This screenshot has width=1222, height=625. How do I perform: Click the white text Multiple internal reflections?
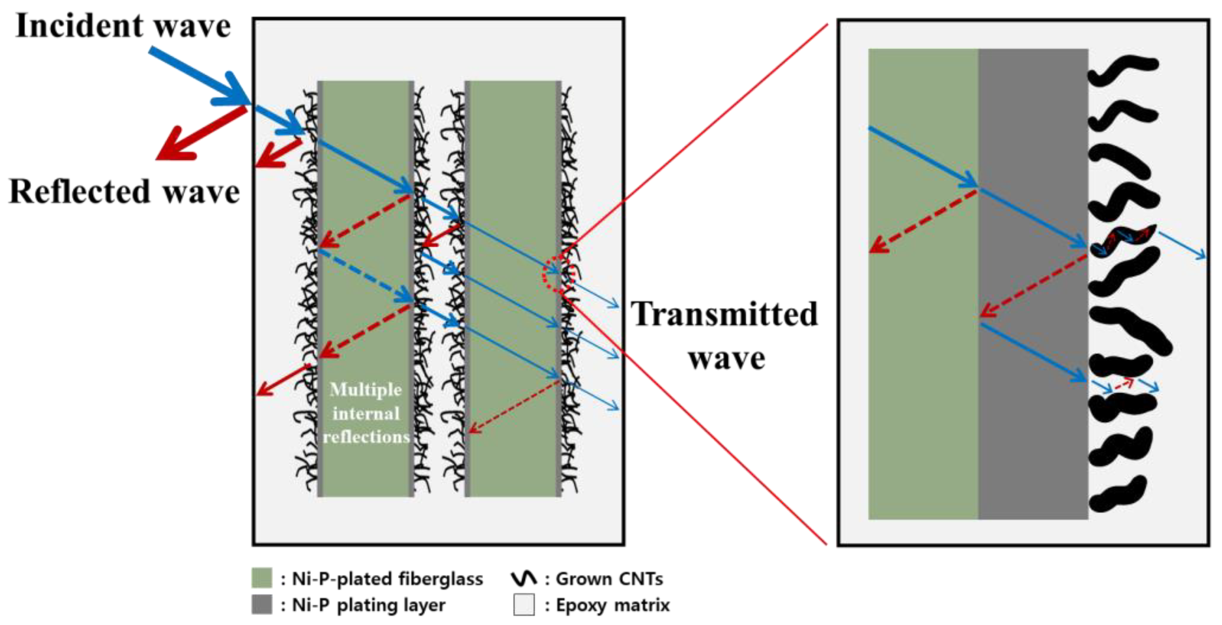pos(366,413)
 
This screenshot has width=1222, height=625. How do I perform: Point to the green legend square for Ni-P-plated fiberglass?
pos(261,578)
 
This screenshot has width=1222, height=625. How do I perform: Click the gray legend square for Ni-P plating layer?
pos(261,604)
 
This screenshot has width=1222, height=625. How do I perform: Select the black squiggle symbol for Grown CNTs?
pos(524,578)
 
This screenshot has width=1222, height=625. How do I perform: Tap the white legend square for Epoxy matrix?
pos(524,604)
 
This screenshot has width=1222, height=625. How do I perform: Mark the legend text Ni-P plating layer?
pos(368,605)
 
